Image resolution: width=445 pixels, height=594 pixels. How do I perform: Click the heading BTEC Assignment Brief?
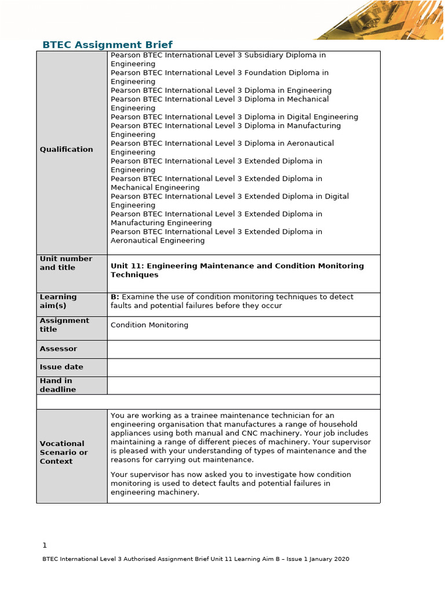click(x=108, y=45)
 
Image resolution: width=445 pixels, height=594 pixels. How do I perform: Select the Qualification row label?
click(x=66, y=149)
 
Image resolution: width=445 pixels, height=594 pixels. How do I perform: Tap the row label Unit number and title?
click(x=65, y=263)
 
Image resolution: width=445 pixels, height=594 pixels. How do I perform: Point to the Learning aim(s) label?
click(x=58, y=301)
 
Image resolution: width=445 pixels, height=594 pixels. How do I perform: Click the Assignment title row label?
click(x=64, y=325)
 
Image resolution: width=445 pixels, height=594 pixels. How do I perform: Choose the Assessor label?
click(x=58, y=349)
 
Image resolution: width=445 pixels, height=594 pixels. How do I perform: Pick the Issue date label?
click(x=61, y=367)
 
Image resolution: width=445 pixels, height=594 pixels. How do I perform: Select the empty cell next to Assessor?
click(x=243, y=349)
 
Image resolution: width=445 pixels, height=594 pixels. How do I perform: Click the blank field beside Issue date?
click(x=243, y=367)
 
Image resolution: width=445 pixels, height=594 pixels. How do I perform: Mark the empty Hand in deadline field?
click(x=243, y=385)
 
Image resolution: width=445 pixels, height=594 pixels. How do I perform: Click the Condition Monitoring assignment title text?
click(x=149, y=325)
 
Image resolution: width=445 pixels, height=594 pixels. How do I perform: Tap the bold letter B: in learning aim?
click(x=115, y=296)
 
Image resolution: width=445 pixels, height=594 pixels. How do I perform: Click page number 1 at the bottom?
click(x=45, y=545)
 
